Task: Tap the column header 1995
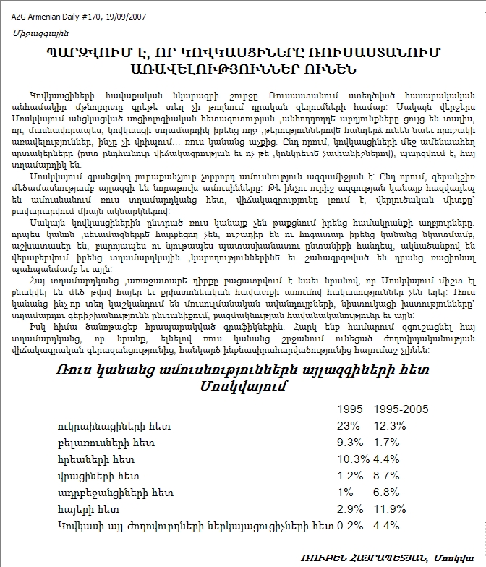(x=350, y=409)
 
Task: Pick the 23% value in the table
(x=348, y=425)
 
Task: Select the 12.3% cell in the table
(x=391, y=425)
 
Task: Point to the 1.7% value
(x=387, y=442)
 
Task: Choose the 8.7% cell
(x=387, y=475)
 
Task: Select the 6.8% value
(x=387, y=493)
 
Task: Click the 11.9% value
(x=391, y=509)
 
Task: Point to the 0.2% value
(x=351, y=526)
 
